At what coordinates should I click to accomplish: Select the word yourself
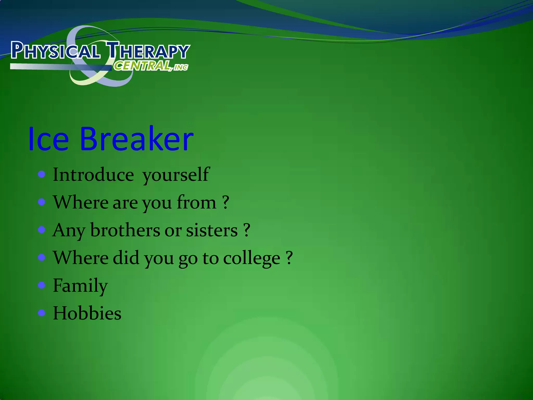click(176, 175)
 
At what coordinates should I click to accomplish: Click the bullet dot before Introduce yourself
click(42, 174)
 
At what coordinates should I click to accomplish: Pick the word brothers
click(125, 230)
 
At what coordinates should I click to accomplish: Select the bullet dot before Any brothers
click(42, 230)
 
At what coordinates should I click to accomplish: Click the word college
click(252, 258)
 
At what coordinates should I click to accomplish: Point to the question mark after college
click(289, 258)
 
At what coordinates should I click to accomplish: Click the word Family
click(80, 286)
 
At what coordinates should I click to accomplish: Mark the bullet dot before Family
click(42, 285)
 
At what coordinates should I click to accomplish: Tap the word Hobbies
click(87, 313)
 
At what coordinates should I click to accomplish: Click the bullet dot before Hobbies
click(42, 312)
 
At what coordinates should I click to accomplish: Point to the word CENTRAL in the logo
click(142, 66)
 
